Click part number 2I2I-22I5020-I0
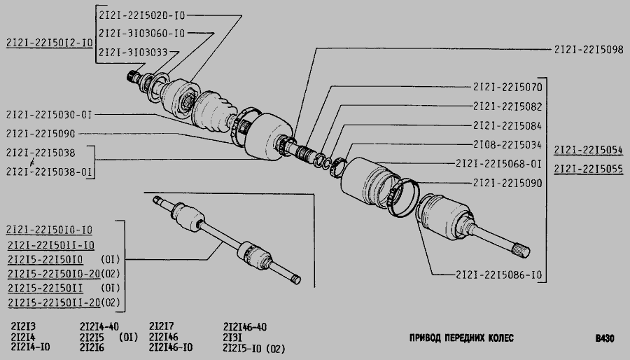[142, 15]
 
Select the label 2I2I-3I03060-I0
[142, 34]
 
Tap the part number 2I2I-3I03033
[133, 53]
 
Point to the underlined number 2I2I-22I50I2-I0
[50, 43]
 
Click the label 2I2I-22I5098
[589, 50]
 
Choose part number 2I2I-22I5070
[507, 87]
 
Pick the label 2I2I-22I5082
[507, 106]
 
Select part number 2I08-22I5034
[507, 145]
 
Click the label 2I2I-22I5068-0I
[498, 164]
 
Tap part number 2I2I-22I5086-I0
[498, 275]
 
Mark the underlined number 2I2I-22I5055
[589, 169]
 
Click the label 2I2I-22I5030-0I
[49, 115]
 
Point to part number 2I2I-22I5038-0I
[49, 172]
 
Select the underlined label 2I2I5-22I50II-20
[54, 303]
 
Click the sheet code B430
[605, 339]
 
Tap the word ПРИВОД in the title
[425, 338]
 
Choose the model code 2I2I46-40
[245, 327]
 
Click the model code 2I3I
[232, 338]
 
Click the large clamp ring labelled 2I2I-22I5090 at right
[405, 197]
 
